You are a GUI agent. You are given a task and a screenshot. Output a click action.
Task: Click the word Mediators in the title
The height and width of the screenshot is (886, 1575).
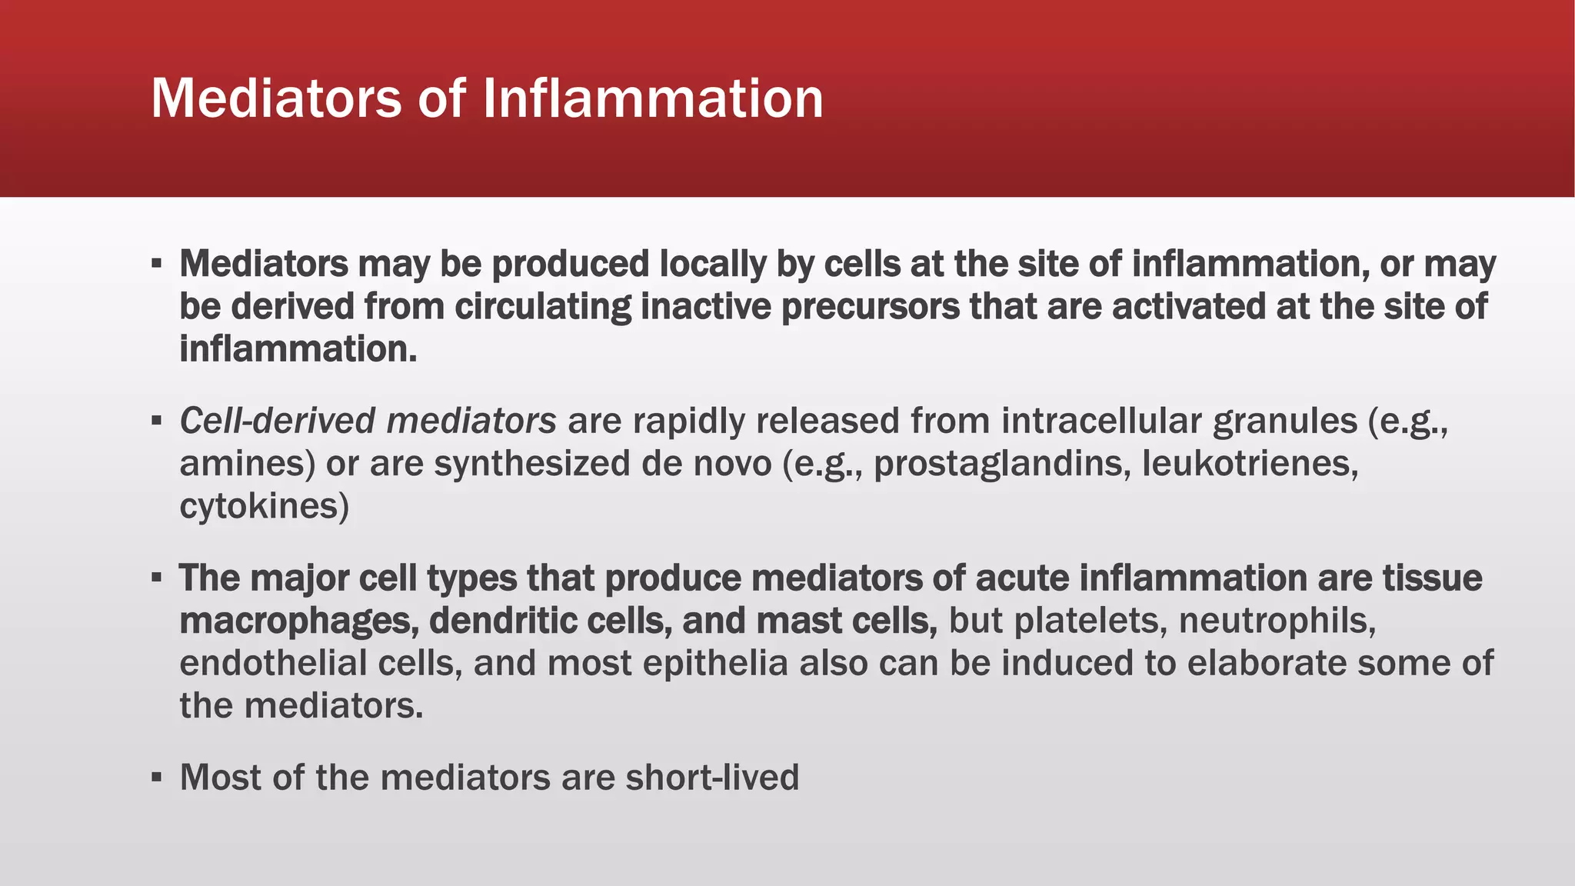tap(275, 98)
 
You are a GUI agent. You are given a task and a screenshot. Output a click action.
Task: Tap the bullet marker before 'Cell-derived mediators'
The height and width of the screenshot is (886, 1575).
tap(156, 421)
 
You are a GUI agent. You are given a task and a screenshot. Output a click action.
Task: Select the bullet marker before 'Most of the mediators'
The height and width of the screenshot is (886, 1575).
tap(156, 778)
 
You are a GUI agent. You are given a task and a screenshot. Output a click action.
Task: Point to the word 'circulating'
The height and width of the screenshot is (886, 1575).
tap(542, 307)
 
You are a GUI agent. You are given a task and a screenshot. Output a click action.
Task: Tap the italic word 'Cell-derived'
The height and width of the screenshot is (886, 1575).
tap(278, 421)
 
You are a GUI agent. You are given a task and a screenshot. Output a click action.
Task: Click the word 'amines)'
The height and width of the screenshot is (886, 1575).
tap(247, 465)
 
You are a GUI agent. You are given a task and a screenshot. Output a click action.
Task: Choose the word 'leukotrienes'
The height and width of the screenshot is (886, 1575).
tap(1249, 465)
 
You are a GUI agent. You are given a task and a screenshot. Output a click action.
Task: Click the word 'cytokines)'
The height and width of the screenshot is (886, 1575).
tap(264, 507)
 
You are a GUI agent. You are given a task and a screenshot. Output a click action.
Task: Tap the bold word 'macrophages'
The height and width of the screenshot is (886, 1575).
tap(298, 621)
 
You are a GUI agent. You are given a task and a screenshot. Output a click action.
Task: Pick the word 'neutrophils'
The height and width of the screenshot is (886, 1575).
tap(1277, 621)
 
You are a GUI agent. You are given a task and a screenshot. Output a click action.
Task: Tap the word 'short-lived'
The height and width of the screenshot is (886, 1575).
tap(712, 778)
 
